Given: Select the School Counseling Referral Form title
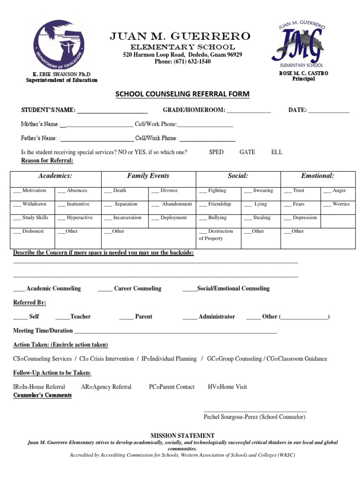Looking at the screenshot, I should [183, 94].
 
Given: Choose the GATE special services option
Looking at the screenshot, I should [247, 152].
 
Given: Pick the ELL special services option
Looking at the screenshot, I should [277, 152].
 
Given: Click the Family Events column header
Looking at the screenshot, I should [148, 176].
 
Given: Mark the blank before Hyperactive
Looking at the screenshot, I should [61, 218].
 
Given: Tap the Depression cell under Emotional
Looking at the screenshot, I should [300, 218].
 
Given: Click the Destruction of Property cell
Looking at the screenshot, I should [216, 235].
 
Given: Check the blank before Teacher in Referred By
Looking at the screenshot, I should [62, 317].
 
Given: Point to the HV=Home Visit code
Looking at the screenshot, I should [227, 387].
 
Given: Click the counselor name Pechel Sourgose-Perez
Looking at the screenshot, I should [254, 417].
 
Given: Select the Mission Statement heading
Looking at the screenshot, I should [182, 436].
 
